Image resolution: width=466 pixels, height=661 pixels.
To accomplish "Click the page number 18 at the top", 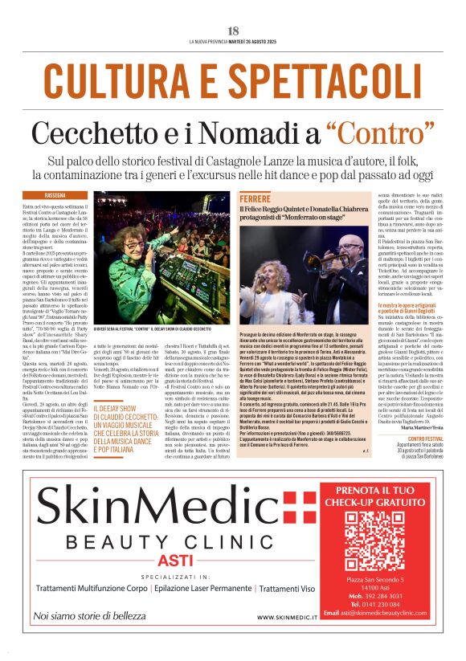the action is [x=233, y=31].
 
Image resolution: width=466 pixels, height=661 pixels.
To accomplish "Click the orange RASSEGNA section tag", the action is [x=55, y=195].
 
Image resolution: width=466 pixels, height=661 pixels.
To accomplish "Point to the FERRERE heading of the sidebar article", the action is [x=255, y=198].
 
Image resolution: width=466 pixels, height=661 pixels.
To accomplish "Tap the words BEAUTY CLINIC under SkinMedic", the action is [x=171, y=540].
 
